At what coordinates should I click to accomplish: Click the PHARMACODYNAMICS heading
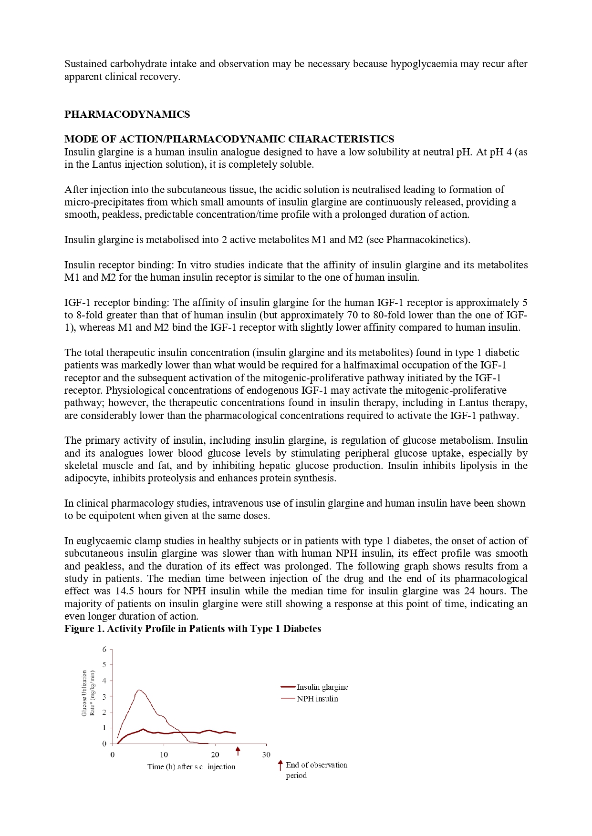127,114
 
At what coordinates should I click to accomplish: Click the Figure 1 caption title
193,629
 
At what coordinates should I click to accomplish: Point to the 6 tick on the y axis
104,649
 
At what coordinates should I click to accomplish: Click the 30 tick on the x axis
266,754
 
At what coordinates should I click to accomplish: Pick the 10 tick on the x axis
164,754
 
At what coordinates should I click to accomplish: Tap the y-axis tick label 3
104,696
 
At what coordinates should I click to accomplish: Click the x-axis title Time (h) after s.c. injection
191,767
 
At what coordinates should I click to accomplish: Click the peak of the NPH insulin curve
139,690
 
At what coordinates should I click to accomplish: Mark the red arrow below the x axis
238,751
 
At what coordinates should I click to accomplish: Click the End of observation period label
316,770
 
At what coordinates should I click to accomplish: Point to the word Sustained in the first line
85,64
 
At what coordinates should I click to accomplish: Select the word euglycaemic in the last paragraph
104,541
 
